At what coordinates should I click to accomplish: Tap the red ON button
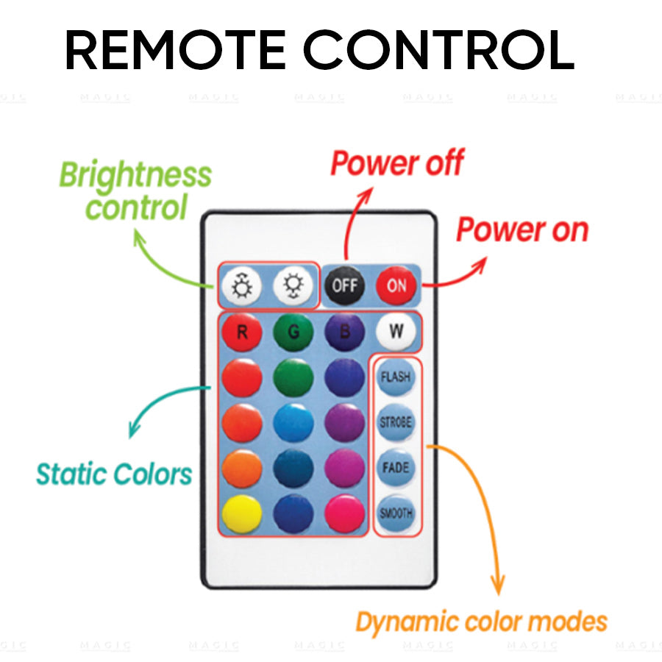pyautogui.click(x=396, y=285)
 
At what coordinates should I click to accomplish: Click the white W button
pyautogui.click(x=396, y=331)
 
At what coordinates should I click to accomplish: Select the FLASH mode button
pyautogui.click(x=396, y=377)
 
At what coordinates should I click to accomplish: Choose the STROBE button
pyautogui.click(x=396, y=423)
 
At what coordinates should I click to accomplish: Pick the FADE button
pyautogui.click(x=396, y=468)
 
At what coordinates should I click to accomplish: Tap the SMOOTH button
pyautogui.click(x=396, y=513)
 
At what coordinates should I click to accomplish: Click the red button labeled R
pyautogui.click(x=242, y=332)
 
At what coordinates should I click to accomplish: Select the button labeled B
pyautogui.click(x=344, y=332)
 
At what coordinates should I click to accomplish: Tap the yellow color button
pyautogui.click(x=242, y=513)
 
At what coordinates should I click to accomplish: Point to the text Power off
pyautogui.click(x=396, y=163)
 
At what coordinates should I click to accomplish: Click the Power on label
pyautogui.click(x=522, y=230)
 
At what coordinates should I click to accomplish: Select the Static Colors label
pyautogui.click(x=114, y=474)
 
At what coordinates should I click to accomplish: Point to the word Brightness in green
pyautogui.click(x=135, y=176)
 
